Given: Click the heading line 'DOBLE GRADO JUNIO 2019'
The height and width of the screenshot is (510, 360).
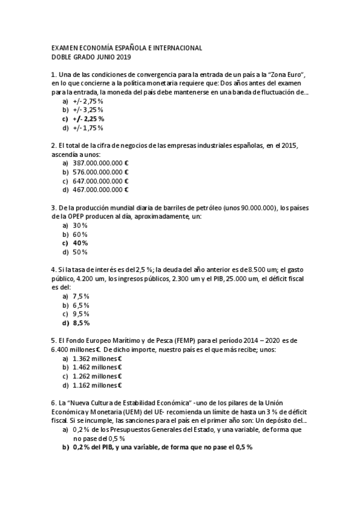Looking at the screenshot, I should point(91,57).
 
